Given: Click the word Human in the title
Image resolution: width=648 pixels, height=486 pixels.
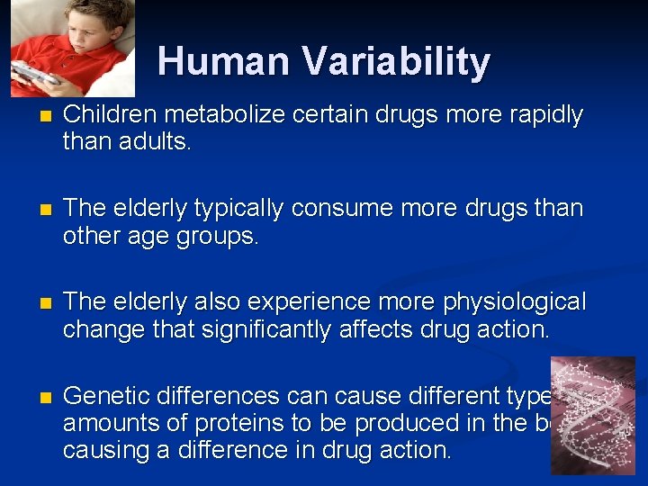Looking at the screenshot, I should pyautogui.click(x=224, y=62).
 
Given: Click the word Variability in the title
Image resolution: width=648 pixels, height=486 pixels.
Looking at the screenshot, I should pyautogui.click(x=396, y=62).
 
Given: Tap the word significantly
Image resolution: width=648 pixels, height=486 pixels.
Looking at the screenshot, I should pyautogui.click(x=258, y=328).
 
